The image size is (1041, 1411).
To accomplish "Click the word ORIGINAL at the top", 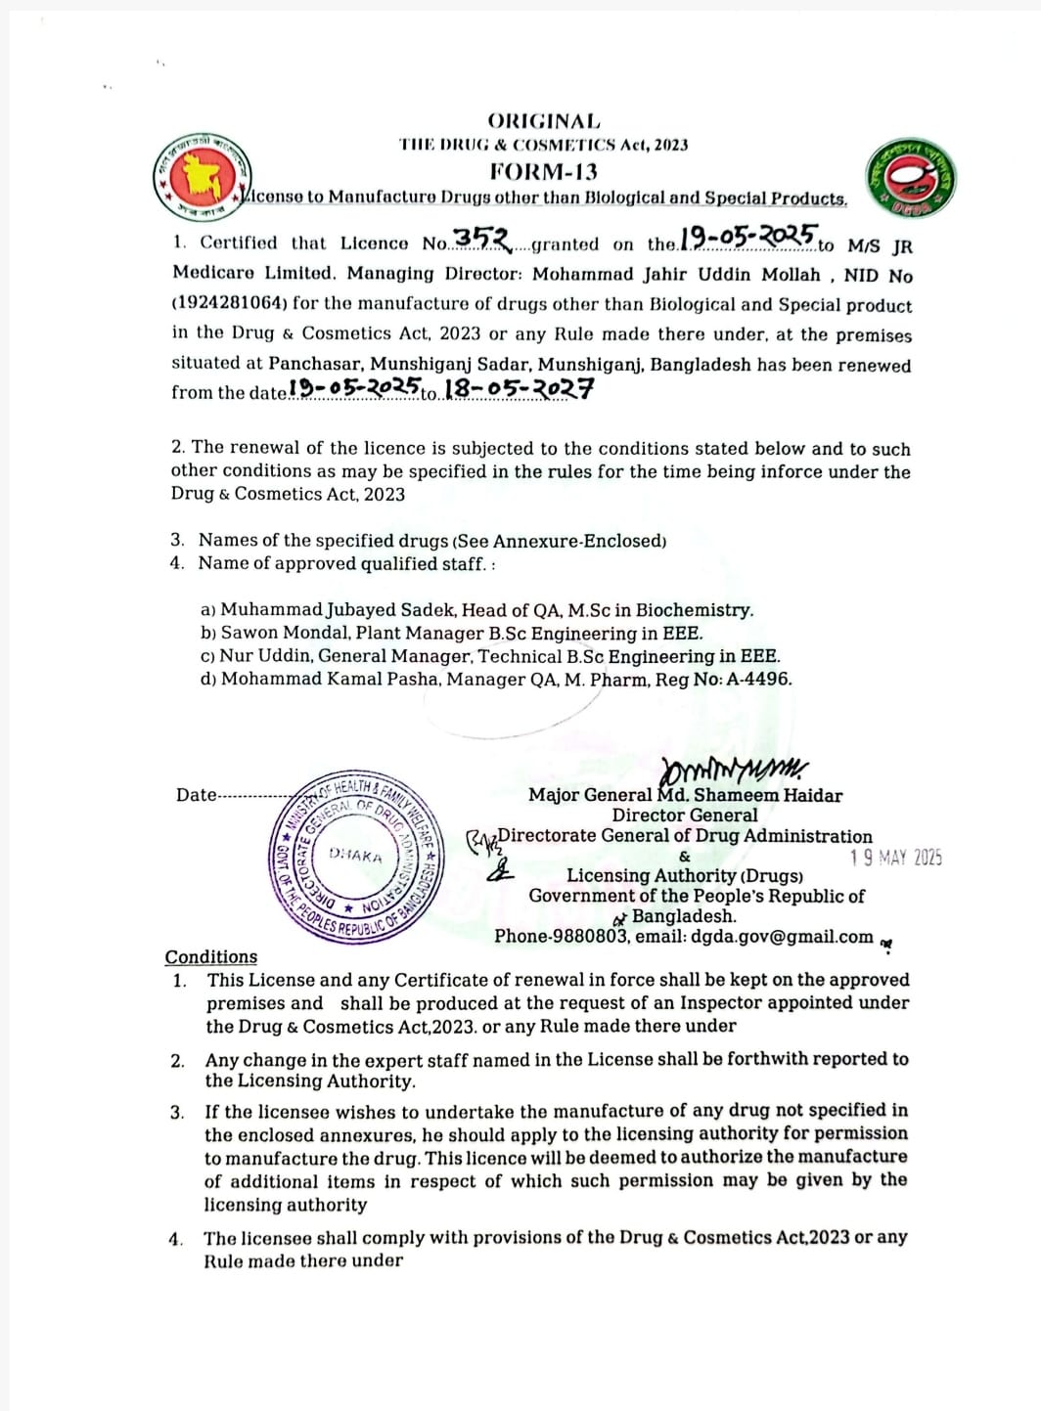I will (543, 121).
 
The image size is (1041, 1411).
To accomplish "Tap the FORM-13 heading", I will (543, 171).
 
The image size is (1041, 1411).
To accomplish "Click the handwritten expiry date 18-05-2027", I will (519, 389).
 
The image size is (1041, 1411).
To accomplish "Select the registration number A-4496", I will (758, 679).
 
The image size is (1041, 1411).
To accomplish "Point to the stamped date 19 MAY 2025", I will (896, 858).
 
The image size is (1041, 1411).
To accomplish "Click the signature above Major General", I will (734, 769).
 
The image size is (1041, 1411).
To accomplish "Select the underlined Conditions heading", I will (211, 957).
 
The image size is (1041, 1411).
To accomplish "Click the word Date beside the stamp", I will (197, 795).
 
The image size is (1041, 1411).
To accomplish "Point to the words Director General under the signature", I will (685, 816).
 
